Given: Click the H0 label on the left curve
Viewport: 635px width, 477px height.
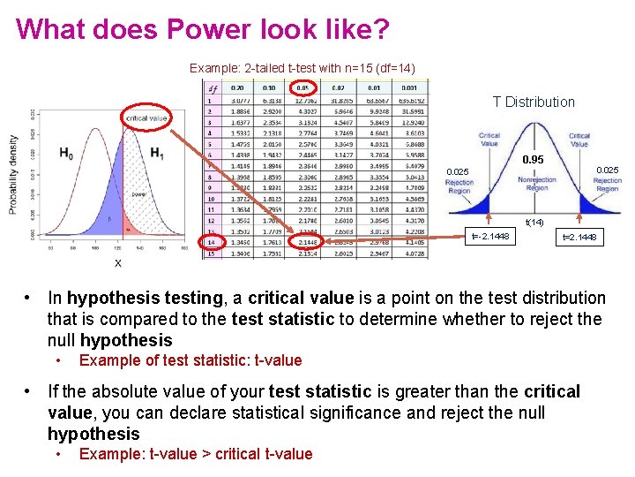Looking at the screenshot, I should click(x=66, y=153).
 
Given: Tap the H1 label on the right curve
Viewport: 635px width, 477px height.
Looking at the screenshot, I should click(x=157, y=153).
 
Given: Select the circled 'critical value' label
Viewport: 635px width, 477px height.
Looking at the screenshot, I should click(x=146, y=117).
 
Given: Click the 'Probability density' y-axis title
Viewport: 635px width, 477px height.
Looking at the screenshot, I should click(x=13, y=174).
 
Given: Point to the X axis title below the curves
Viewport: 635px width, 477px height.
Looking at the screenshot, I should click(x=117, y=263).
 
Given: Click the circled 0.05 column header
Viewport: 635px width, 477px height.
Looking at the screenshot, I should click(x=303, y=87).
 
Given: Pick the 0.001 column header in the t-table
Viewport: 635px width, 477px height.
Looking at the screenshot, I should click(x=408, y=87).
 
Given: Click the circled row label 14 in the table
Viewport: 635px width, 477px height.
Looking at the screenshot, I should click(x=212, y=241).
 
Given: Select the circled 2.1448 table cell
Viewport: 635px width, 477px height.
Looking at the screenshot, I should click(x=308, y=241).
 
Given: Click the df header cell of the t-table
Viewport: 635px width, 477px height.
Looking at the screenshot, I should click(x=212, y=87).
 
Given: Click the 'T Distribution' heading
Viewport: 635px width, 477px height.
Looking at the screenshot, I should click(x=534, y=102).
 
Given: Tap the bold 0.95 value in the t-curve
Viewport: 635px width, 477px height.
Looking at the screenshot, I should click(x=534, y=159).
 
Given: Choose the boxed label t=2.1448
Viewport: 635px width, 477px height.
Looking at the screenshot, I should click(x=579, y=237).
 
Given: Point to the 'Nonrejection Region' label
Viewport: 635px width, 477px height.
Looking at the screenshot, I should click(x=536, y=184).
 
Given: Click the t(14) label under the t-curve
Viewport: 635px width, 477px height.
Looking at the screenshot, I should click(x=534, y=222).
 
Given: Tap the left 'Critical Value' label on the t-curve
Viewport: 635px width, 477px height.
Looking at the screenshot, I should click(x=489, y=140).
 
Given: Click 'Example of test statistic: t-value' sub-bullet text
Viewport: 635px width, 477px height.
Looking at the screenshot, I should click(x=190, y=360).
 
